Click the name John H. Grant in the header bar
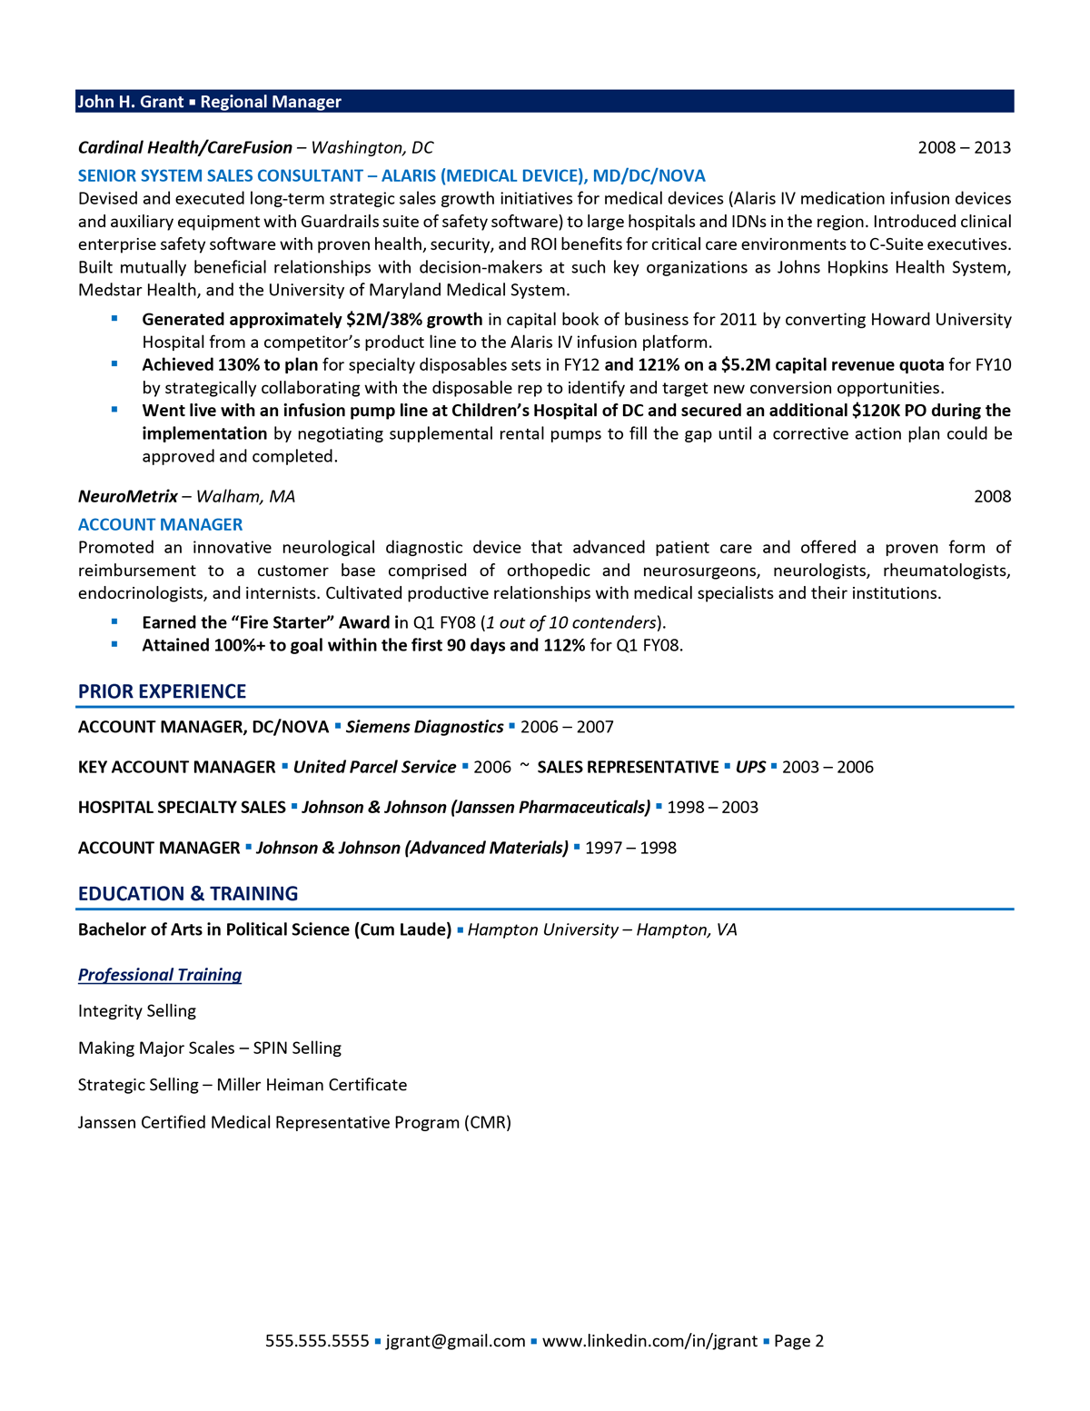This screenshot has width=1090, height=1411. pos(131,102)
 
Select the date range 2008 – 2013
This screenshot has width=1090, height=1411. pos(964,147)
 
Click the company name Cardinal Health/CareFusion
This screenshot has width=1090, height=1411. pos(185,147)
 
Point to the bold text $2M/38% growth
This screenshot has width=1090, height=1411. pos(414,319)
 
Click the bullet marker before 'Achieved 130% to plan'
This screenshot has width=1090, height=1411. pos(114,364)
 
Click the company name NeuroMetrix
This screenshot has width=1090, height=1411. pos(128,496)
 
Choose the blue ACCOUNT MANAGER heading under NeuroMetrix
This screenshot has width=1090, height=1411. pos(160,524)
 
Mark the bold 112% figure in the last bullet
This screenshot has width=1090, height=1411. pos(564,645)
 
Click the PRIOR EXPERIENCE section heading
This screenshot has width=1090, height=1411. pos(162,691)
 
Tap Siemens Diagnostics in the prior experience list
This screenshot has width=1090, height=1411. pos(424,727)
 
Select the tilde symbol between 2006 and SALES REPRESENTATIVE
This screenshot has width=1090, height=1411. pos(524,766)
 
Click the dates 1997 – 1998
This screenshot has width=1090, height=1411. pos(630,848)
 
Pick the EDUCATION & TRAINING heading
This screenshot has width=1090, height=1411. pos(188,893)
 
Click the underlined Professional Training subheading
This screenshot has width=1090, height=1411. pos(160,975)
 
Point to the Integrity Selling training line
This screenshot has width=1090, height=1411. pos(137,1011)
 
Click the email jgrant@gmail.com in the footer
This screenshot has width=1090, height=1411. pos(455,1341)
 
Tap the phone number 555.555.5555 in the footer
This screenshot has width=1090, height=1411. pos(317,1341)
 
